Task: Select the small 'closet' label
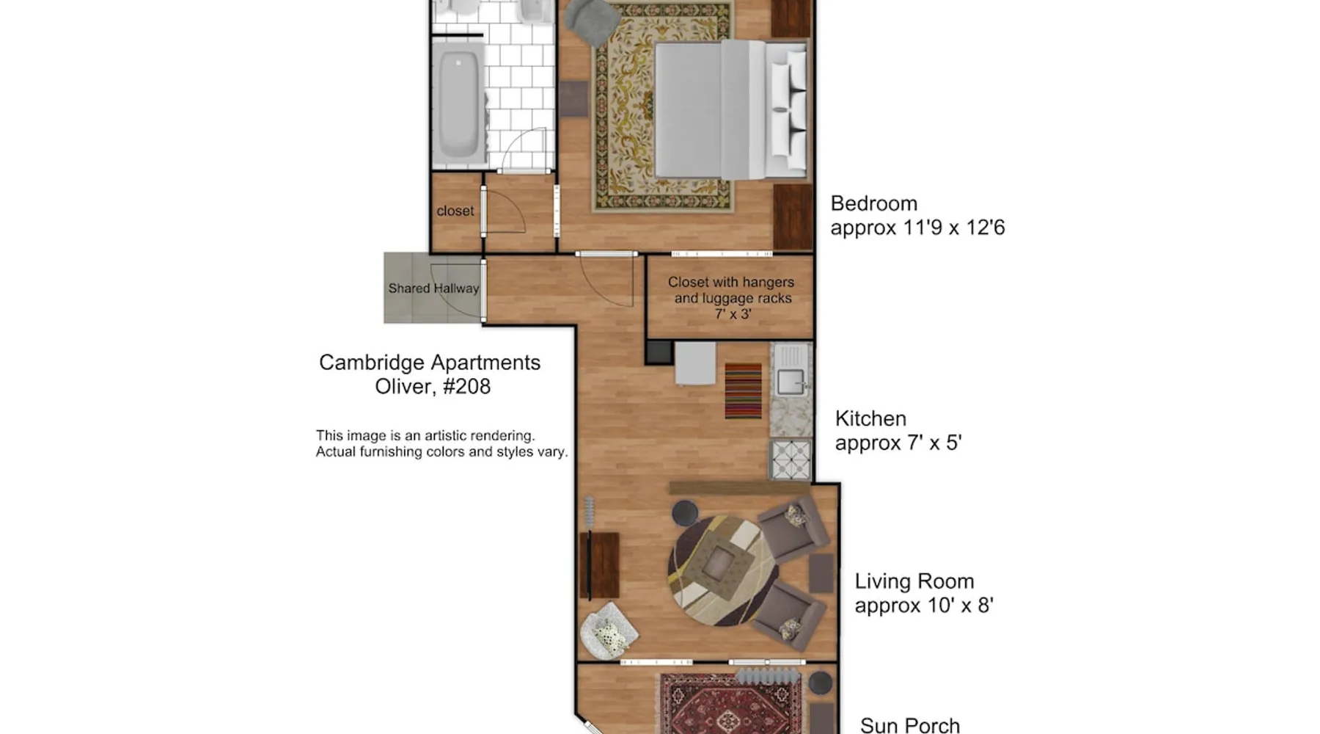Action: point(455,211)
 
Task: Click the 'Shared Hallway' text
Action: point(433,288)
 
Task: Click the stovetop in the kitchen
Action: point(791,459)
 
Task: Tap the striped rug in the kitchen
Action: point(743,390)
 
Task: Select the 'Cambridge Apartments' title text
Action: point(430,363)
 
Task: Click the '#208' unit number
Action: point(466,387)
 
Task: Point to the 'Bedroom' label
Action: point(873,203)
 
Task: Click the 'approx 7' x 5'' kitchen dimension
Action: point(898,443)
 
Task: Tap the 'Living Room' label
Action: point(914,581)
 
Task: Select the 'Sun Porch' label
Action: point(910,725)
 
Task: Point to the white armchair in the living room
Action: point(609,630)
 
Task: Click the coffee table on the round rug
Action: point(719,562)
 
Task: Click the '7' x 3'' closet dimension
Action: point(733,314)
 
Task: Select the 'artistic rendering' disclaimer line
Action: point(425,436)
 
